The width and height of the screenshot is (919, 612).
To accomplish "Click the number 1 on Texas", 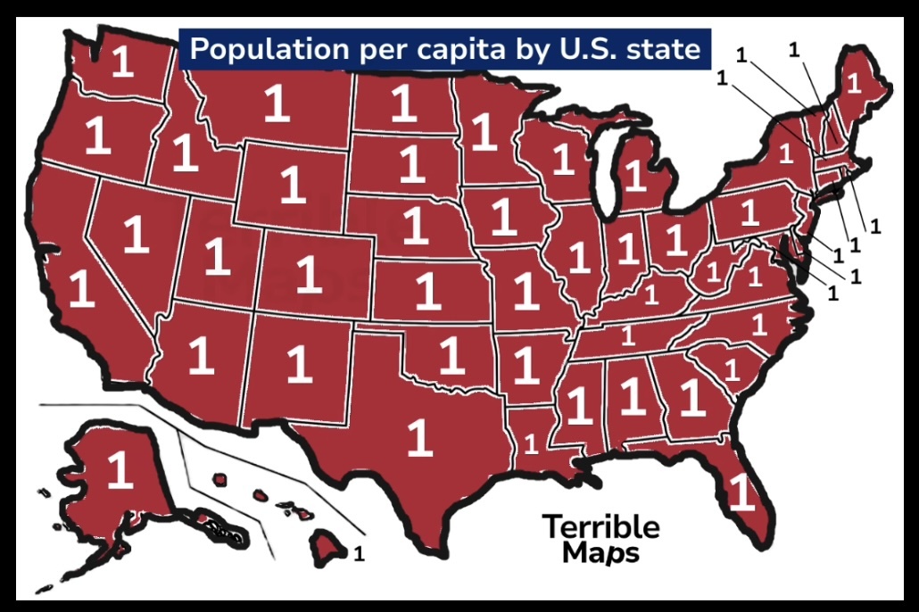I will (418, 437).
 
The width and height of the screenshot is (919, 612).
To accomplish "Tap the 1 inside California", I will (82, 290).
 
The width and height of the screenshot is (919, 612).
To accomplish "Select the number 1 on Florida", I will (740, 492).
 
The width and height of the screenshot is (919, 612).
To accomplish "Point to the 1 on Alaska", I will (119, 470).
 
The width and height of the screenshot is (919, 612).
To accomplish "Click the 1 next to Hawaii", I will (359, 554).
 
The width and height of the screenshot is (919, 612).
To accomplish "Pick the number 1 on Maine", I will (853, 84).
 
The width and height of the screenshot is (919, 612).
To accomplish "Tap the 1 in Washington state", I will (122, 62).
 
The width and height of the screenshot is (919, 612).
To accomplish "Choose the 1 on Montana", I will (277, 105).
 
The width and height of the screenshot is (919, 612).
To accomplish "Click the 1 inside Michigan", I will (634, 175).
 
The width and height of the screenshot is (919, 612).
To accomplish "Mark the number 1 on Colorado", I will (308, 275).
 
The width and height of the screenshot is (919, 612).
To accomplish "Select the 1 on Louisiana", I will (531, 442).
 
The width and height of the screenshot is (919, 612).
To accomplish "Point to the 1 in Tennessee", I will (627, 336).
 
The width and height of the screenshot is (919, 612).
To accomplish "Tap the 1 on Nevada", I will (136, 234).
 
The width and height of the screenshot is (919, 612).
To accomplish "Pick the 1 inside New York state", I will (785, 153).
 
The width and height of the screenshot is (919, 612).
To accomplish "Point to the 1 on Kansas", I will (428, 292).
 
